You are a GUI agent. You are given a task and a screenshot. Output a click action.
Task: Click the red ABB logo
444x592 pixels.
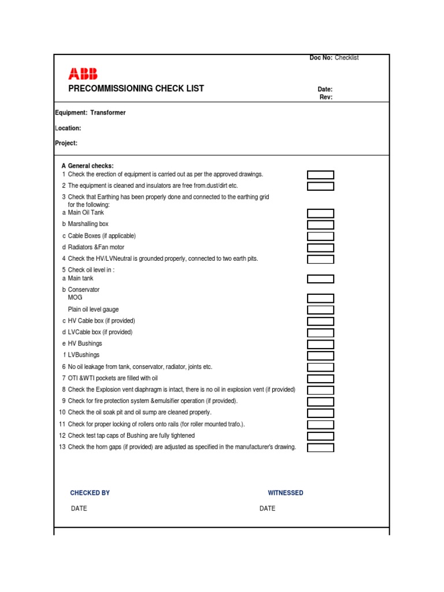pos(83,73)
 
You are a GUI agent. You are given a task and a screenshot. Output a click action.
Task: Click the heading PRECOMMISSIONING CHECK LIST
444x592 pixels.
pos(136,88)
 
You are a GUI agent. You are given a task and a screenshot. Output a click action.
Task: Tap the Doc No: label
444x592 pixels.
pos(321,58)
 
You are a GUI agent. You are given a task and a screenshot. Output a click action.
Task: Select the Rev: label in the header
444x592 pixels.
pos(326,97)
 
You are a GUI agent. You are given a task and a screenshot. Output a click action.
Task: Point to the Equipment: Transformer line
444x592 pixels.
pos(90,113)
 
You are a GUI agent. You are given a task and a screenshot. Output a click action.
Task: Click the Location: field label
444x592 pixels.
pos(68,128)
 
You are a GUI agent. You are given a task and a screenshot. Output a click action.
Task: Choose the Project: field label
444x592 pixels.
pos(66,143)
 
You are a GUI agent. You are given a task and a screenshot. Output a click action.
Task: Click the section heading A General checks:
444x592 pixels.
pos(88,166)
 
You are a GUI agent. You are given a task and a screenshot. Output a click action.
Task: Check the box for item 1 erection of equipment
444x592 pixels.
pos(320,175)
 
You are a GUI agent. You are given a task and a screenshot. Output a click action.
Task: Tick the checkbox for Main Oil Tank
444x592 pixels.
pos(320,213)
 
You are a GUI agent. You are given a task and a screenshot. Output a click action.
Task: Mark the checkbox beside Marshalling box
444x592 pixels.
pos(320,224)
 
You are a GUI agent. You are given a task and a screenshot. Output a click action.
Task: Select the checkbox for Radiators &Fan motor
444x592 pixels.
pos(320,247)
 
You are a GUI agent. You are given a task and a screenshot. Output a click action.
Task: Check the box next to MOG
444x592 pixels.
pos(320,298)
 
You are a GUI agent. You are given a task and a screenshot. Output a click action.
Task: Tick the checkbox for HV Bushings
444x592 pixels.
pos(320,344)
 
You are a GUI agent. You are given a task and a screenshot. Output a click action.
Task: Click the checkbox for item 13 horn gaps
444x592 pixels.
pos(320,447)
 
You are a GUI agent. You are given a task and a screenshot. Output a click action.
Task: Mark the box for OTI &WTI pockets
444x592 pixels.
pos(320,379)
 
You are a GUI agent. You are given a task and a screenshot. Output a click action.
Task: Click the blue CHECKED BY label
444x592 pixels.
pos(90,493)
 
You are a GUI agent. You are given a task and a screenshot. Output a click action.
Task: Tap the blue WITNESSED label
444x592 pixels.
pos(286,493)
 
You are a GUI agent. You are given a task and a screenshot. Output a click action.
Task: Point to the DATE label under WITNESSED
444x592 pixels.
pos(268,509)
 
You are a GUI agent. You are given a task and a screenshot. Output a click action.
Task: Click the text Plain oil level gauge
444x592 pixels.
pos(93,309)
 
